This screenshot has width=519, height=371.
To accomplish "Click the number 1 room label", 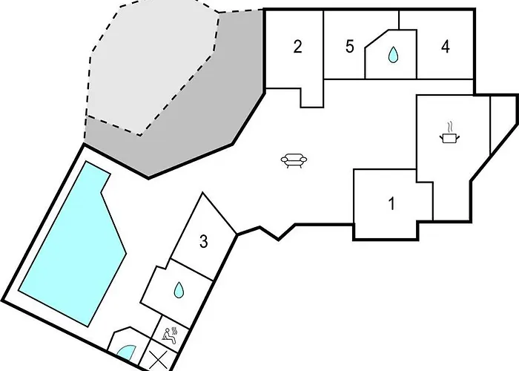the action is [x=391, y=203].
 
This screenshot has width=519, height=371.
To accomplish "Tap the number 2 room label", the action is [x=297, y=46].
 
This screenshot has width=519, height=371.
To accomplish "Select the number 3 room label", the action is [x=204, y=241].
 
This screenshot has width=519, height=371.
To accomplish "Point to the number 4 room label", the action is [x=446, y=46].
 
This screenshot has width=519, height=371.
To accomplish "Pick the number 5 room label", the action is [x=350, y=46].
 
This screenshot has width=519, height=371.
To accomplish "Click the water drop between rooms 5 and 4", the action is [x=393, y=55].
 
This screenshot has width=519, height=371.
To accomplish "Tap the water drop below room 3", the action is [x=179, y=290].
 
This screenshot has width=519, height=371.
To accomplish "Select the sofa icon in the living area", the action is [x=294, y=161].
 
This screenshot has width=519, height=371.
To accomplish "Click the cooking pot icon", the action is [x=449, y=138].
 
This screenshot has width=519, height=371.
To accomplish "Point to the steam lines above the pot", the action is [x=449, y=127].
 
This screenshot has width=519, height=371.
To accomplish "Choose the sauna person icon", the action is [x=170, y=335].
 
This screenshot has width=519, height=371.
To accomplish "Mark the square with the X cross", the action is [x=158, y=360].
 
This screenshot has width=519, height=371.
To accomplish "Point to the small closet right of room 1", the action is [x=426, y=201].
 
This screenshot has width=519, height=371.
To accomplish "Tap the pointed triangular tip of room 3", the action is [x=203, y=193].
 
